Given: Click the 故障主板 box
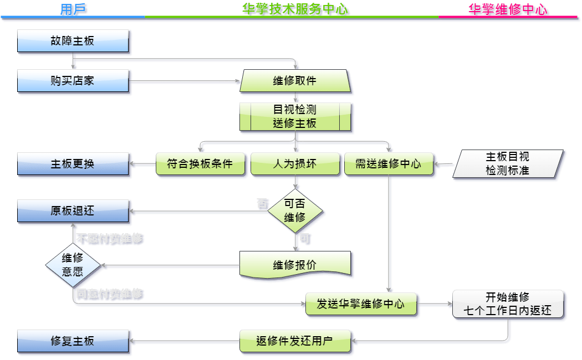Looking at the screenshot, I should [73, 41].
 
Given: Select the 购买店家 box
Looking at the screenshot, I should [73, 81].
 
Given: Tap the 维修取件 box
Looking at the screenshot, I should [295, 81].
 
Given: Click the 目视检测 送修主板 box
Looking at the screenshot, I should [295, 116].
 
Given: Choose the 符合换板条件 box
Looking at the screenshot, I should [200, 164].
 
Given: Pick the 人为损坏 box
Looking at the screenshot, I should [295, 164].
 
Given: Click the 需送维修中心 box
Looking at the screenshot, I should [388, 164].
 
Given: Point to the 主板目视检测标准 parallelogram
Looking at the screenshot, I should [508, 164].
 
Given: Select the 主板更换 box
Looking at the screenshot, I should [73, 164].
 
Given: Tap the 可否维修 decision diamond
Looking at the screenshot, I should [295, 211].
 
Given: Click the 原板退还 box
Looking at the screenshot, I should [73, 211].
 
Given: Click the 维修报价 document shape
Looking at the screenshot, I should [295, 265].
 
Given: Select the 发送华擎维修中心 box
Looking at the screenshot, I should [360, 304].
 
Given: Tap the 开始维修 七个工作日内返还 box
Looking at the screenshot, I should [508, 304].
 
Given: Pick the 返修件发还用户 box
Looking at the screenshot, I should [295, 341].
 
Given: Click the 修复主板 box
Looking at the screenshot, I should [73, 341].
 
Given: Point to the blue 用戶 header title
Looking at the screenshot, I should [73, 9].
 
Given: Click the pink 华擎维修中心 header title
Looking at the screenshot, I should [508, 9].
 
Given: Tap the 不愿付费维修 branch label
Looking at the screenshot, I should [109, 239].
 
